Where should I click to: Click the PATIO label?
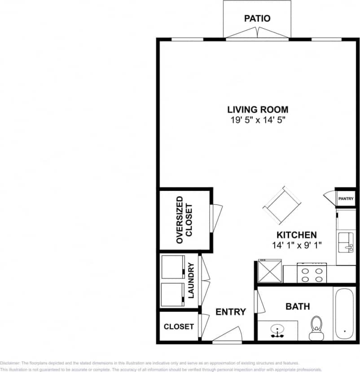point(257,18)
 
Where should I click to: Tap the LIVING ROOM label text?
point(258,109)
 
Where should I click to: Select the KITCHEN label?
point(296,235)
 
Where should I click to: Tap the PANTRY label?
point(346,199)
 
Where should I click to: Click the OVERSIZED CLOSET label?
point(184,220)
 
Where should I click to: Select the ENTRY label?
point(231,312)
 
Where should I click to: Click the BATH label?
point(298,306)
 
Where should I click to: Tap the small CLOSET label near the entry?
point(179,327)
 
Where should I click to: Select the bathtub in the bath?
point(344,313)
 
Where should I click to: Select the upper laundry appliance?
point(172,267)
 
